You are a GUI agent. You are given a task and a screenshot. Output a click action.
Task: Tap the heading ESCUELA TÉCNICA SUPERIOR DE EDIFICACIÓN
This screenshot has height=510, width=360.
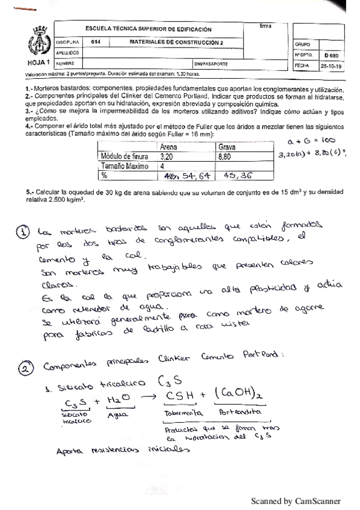tap(148, 29)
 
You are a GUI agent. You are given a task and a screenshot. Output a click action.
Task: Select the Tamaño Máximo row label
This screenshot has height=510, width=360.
tap(118, 165)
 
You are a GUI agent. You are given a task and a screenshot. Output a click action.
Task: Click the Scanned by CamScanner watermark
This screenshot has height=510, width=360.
tap(295, 500)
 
